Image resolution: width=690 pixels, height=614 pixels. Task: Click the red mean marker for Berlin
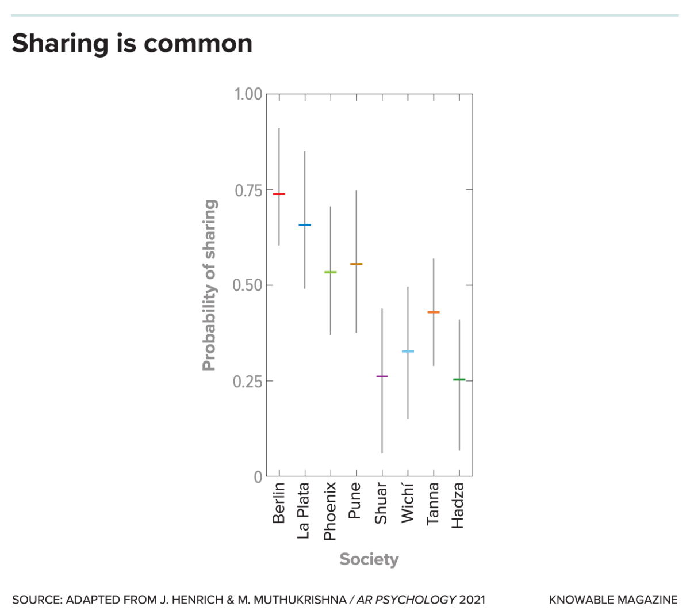click(x=279, y=194)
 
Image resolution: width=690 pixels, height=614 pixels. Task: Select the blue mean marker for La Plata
click(x=305, y=225)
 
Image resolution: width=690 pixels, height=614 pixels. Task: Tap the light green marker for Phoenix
click(x=331, y=272)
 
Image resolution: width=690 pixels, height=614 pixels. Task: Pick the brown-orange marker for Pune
click(x=356, y=264)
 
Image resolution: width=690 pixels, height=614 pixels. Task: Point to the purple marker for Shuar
click(x=382, y=376)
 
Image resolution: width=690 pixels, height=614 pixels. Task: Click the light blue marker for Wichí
click(x=408, y=352)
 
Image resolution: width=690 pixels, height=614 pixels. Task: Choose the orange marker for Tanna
click(x=434, y=312)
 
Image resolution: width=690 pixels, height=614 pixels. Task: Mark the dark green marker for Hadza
click(x=459, y=379)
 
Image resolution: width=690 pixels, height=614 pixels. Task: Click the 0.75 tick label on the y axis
click(x=248, y=190)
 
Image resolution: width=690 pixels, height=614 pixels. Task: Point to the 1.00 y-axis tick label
click(x=248, y=94)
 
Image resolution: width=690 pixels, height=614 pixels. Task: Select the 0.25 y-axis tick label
click(x=248, y=381)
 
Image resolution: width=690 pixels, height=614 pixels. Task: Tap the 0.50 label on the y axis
click(x=248, y=285)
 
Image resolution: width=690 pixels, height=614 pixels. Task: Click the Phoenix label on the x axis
click(x=330, y=511)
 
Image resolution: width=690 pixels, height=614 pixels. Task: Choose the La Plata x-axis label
click(x=304, y=510)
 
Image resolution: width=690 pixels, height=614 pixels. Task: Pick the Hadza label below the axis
click(x=458, y=505)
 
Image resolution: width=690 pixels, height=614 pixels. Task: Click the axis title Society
click(x=369, y=559)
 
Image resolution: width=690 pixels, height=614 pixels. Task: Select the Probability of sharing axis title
click(x=209, y=285)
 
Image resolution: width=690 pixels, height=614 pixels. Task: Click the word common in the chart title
click(x=198, y=44)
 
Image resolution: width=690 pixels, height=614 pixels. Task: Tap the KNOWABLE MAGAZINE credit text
click(x=614, y=600)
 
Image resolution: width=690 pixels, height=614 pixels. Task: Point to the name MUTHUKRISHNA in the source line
click(x=300, y=600)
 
